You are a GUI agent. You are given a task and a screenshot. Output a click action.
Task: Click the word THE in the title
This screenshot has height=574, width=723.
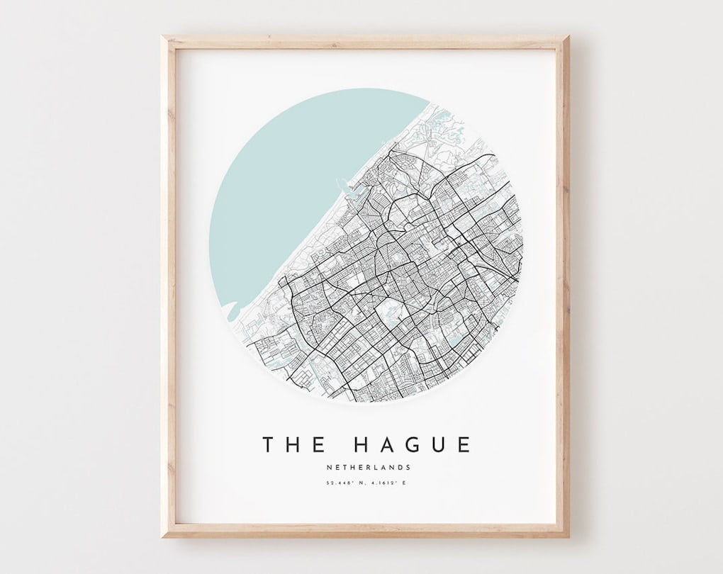click(x=294, y=445)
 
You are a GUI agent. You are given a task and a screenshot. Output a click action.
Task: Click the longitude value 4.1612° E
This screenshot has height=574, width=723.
click(x=389, y=483)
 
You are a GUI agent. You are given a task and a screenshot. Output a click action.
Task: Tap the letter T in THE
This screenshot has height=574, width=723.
click(x=269, y=445)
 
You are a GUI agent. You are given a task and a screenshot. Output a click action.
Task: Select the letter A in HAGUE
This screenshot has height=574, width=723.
click(x=383, y=445)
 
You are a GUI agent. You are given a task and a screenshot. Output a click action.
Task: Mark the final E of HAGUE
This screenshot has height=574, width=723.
click(x=464, y=445)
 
